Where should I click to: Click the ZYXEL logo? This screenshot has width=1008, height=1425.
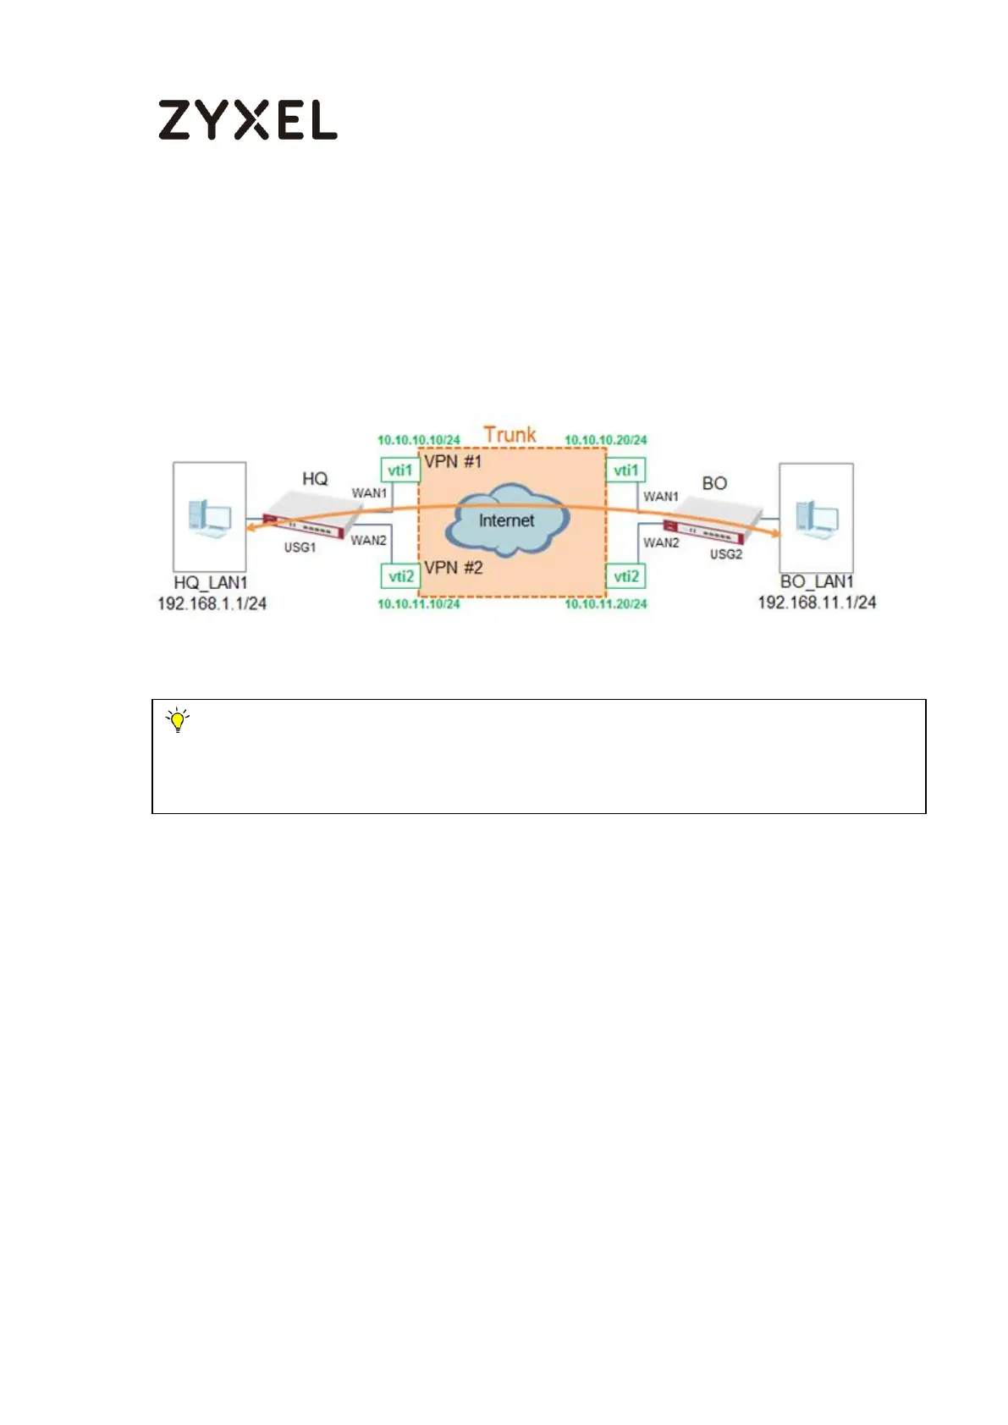click(x=247, y=120)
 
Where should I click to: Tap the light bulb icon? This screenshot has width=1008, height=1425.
click(x=178, y=721)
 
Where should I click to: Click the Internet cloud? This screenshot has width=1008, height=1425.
click(x=506, y=520)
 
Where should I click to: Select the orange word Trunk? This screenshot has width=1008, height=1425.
click(x=510, y=434)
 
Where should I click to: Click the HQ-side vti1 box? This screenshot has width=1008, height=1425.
click(x=400, y=470)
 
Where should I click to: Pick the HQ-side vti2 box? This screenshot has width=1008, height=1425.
click(x=400, y=576)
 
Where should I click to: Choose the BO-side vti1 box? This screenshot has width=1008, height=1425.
click(x=626, y=470)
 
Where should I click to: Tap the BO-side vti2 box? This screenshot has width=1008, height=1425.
click(x=626, y=576)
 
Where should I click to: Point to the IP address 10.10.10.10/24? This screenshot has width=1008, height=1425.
click(x=418, y=440)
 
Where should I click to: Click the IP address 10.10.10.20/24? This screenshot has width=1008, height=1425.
click(x=606, y=440)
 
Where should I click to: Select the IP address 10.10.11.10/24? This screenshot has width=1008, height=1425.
click(x=418, y=603)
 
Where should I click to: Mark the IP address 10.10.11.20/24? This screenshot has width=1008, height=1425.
click(x=606, y=603)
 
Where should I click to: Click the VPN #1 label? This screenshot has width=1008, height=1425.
click(x=453, y=462)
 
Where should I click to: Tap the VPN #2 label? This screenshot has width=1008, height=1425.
click(x=454, y=568)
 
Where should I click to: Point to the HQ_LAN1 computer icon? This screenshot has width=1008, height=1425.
click(x=209, y=516)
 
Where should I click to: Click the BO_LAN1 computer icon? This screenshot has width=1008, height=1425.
click(x=816, y=516)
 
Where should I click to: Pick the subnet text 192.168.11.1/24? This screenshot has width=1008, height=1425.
click(x=817, y=602)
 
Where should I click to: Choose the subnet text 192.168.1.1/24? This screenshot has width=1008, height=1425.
click(x=212, y=603)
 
